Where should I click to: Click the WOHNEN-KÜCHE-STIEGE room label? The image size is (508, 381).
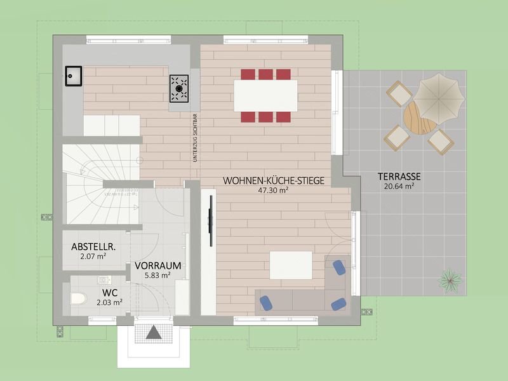[274, 181]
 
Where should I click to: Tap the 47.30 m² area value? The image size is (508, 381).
[274, 190]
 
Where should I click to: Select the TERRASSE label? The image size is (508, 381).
[399, 177]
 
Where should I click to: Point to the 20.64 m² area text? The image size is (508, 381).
[399, 186]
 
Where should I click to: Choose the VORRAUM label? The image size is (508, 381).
[158, 265]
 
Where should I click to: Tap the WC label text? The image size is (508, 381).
[109, 293]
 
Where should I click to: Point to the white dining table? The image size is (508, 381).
[265, 95]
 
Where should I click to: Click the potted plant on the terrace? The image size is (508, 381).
[450, 279]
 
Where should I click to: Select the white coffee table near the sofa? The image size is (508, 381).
[291, 265]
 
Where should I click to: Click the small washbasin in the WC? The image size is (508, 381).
[104, 279]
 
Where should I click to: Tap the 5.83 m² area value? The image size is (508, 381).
[157, 275]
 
